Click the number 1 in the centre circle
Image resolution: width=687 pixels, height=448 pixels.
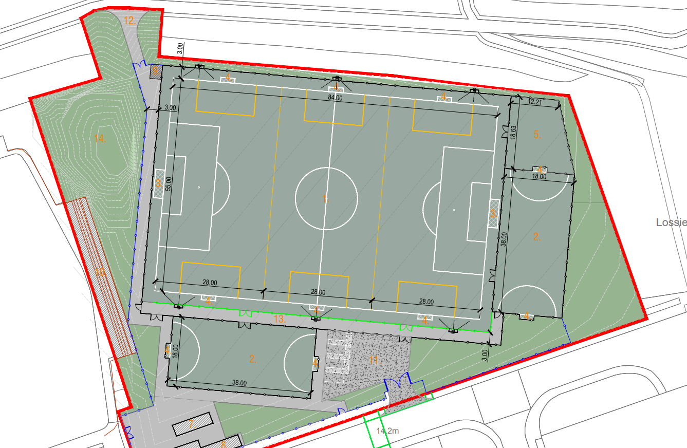click(324, 198)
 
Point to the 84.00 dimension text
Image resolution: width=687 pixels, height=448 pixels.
click(335, 98)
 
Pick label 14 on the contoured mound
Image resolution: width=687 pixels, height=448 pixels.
click(99, 138)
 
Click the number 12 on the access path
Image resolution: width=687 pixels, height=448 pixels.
click(129, 21)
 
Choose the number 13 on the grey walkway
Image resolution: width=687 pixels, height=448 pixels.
click(279, 320)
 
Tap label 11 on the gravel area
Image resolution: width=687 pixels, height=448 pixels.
click(374, 360)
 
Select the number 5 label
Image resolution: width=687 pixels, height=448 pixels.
click(537, 135)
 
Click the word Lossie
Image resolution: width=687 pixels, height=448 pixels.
click(671, 222)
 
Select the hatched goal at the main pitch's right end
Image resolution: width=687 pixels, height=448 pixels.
click(494, 213)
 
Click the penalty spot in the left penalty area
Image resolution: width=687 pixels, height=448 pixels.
click(199, 187)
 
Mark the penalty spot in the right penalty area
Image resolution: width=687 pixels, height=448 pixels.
click(454, 210)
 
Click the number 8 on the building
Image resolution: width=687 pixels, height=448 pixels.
click(224, 443)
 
